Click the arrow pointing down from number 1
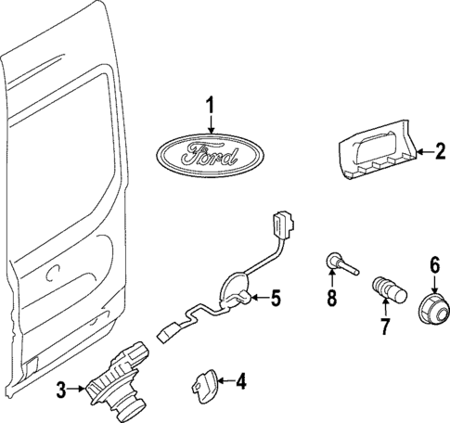click(x=211, y=124)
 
